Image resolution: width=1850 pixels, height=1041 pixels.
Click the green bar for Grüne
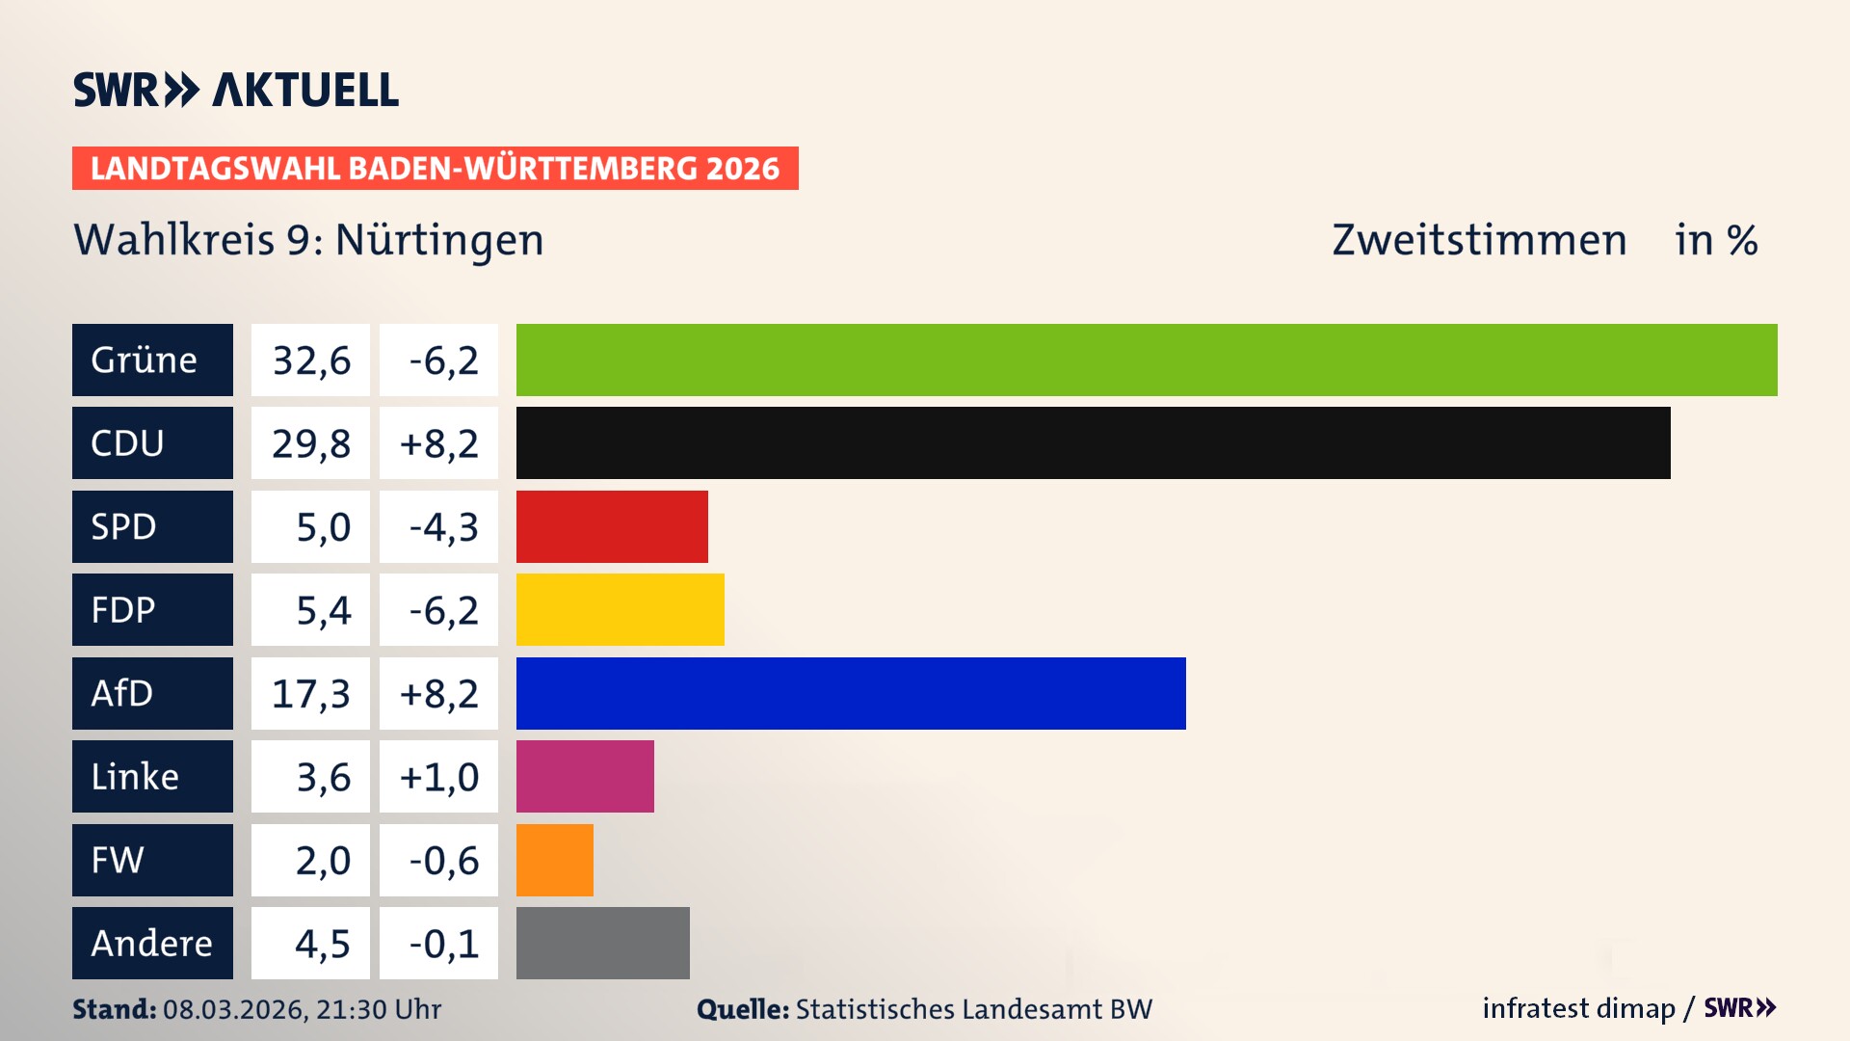(1147, 360)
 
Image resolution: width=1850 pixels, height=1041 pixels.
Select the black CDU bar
(1093, 442)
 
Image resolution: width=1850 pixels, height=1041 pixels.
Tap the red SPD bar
(612, 526)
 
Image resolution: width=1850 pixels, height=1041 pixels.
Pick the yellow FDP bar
(620, 609)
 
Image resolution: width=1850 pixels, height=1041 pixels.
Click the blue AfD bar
(851, 693)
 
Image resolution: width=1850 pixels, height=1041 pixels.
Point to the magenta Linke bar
(585, 776)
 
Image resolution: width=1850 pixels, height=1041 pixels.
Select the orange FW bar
(554, 860)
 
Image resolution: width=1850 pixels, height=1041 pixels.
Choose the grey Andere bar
(602, 943)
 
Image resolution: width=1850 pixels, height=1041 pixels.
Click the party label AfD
(122, 693)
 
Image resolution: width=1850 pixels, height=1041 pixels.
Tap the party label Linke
(135, 776)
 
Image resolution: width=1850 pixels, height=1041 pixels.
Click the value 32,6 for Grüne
(311, 360)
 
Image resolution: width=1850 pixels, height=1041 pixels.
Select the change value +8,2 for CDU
(438, 443)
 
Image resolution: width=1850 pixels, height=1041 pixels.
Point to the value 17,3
(311, 694)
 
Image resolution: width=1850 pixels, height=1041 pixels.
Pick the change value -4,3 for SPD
(443, 527)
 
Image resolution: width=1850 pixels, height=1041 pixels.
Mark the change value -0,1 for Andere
(443, 944)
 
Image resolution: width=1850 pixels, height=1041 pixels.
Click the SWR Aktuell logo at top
(236, 90)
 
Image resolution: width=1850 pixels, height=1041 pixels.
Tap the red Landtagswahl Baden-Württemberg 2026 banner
(435, 168)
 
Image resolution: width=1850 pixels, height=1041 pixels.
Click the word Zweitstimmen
(1479, 240)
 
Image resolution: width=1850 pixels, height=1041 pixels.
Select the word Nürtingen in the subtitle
(439, 240)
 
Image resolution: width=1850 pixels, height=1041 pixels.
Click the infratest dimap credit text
(1578, 1008)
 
